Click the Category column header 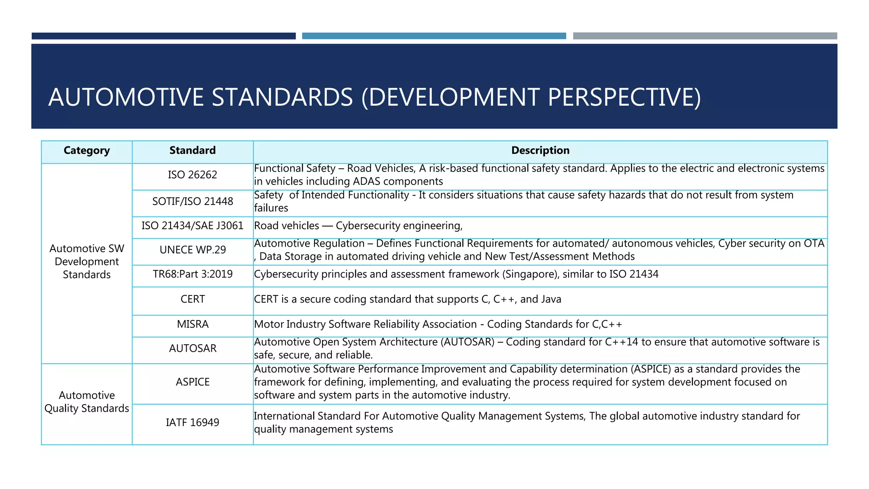(x=87, y=151)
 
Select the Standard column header (x=192, y=151)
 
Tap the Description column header (x=540, y=151)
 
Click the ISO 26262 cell (x=192, y=175)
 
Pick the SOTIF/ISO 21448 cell (x=192, y=202)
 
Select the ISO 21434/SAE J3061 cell (x=192, y=226)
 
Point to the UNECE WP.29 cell (x=192, y=250)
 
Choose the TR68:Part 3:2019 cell (x=192, y=274)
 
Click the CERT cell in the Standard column (x=192, y=299)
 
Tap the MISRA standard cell (x=192, y=324)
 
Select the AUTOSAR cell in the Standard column (x=192, y=348)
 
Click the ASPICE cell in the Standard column (x=192, y=382)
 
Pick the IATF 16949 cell (x=192, y=423)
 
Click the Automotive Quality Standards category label (x=87, y=402)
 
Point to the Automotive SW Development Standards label (x=87, y=261)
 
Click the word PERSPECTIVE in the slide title (x=624, y=97)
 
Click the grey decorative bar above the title (x=705, y=36)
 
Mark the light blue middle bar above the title (x=434, y=36)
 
